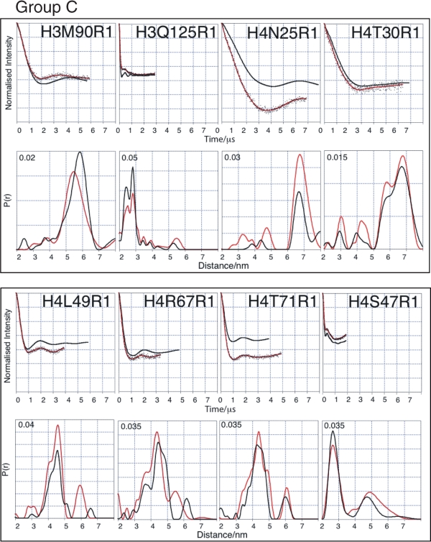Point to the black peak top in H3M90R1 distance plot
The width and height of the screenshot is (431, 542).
(x=80, y=152)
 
